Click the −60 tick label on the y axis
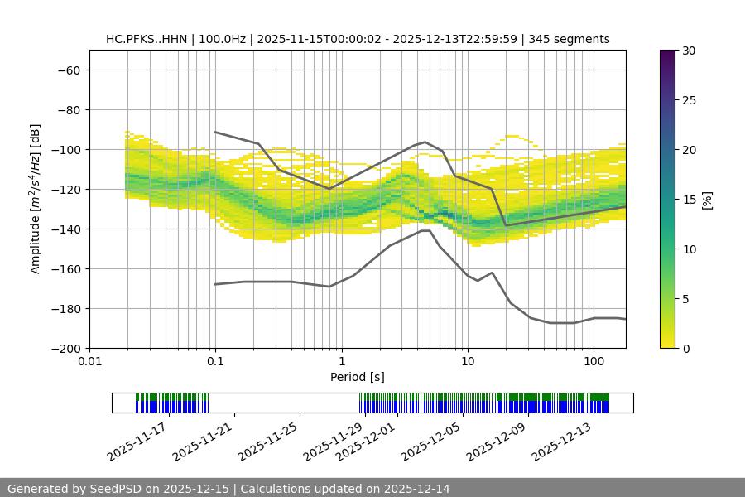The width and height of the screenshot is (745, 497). [68, 70]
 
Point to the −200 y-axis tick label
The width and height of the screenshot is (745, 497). [65, 348]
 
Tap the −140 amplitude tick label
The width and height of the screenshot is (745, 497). [65, 229]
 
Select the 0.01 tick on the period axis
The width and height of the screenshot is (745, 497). [89, 362]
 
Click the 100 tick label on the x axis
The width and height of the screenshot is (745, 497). [594, 362]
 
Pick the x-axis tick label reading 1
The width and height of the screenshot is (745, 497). [342, 362]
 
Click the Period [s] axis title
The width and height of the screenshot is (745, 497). [357, 377]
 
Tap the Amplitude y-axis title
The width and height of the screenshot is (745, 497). [35, 199]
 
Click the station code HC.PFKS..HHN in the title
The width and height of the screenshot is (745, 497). [145, 39]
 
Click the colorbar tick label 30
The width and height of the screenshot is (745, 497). [689, 51]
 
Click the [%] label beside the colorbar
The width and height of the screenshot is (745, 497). [706, 200]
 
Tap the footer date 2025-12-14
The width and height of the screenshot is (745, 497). [416, 489]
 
